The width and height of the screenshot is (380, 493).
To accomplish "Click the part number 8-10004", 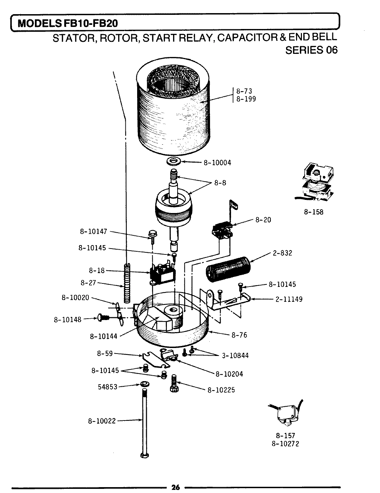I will (217, 163).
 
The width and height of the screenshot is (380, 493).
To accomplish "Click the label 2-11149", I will (289, 299).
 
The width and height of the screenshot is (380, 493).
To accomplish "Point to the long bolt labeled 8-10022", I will (144, 421).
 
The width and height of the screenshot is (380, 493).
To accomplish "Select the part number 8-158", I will (313, 212).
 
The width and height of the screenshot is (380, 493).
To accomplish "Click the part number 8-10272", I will (285, 444).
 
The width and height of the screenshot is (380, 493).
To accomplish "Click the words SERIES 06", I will (311, 50).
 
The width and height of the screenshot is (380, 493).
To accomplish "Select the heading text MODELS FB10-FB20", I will (68, 23).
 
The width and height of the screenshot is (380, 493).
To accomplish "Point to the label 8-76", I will (239, 335).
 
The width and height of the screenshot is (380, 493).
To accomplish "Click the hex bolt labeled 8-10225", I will (174, 384).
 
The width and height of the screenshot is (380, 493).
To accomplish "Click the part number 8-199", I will (246, 99).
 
